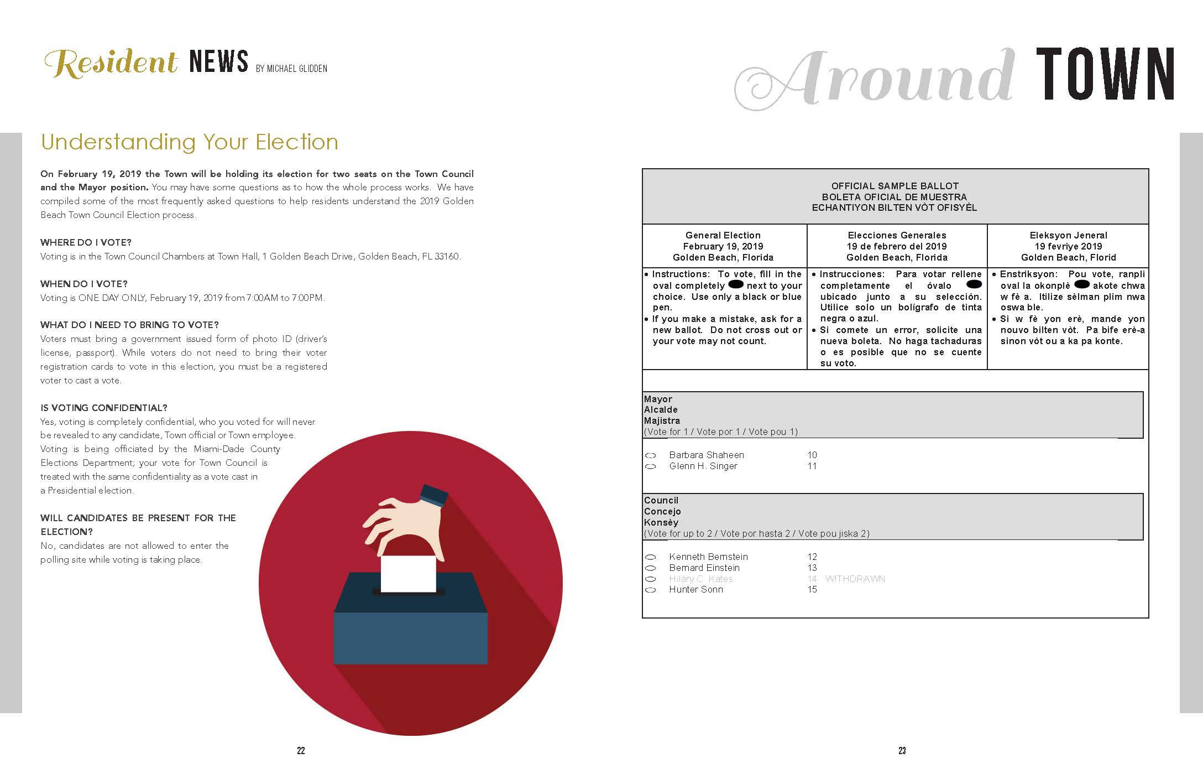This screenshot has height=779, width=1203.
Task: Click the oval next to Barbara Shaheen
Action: (x=651, y=455)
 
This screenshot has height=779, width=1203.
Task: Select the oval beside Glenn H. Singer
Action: (x=651, y=466)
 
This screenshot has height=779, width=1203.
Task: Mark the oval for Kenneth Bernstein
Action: (x=651, y=557)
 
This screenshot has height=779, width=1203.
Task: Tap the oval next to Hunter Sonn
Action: (x=651, y=590)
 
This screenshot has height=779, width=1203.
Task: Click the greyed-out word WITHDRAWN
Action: (x=855, y=579)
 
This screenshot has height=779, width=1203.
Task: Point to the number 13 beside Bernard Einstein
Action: (x=812, y=568)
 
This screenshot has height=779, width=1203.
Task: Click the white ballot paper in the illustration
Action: (x=408, y=573)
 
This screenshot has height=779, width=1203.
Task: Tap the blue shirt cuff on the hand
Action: (x=433, y=495)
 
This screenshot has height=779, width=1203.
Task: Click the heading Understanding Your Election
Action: (x=190, y=142)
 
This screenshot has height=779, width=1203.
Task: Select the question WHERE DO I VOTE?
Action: (x=86, y=242)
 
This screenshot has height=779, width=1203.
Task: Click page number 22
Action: (x=301, y=750)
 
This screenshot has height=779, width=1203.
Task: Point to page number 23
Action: (x=902, y=750)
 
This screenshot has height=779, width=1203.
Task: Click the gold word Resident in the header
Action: (x=111, y=63)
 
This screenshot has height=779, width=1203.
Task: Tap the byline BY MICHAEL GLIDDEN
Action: (x=291, y=69)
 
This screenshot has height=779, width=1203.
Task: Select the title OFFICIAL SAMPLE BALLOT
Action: (x=895, y=186)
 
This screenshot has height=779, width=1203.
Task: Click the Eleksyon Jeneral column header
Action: (x=1068, y=235)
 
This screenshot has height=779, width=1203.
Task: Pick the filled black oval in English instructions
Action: (x=736, y=285)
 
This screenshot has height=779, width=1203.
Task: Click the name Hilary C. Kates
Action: (x=700, y=579)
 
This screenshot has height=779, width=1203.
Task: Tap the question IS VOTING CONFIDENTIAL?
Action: (x=103, y=408)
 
